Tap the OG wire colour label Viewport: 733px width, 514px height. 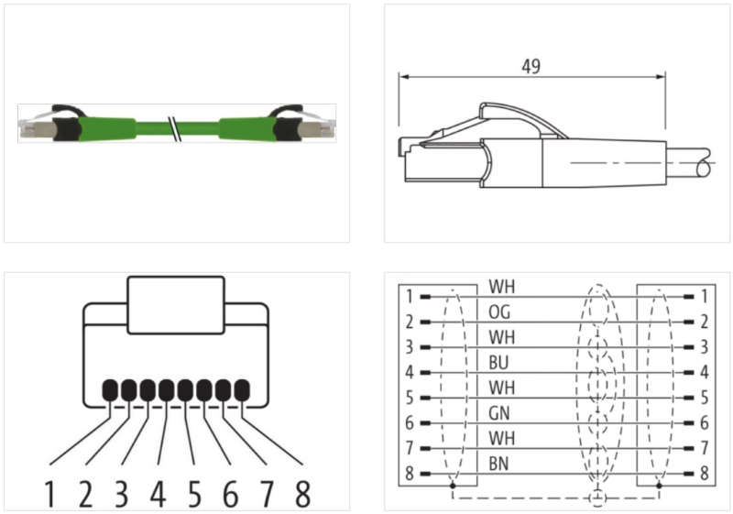500,312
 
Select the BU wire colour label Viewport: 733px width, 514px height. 500,362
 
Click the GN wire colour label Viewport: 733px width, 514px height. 500,412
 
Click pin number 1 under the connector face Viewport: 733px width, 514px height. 50,495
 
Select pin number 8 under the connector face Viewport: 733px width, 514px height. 301,495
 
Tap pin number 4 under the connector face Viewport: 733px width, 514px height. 158,495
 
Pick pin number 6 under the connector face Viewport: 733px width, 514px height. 230,495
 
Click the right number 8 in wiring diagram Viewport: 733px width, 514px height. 704,474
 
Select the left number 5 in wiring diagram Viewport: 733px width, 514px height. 410,399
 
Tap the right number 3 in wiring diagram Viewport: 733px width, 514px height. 704,348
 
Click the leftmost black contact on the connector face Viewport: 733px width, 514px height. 110,391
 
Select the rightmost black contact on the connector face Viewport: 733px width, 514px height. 242,391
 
